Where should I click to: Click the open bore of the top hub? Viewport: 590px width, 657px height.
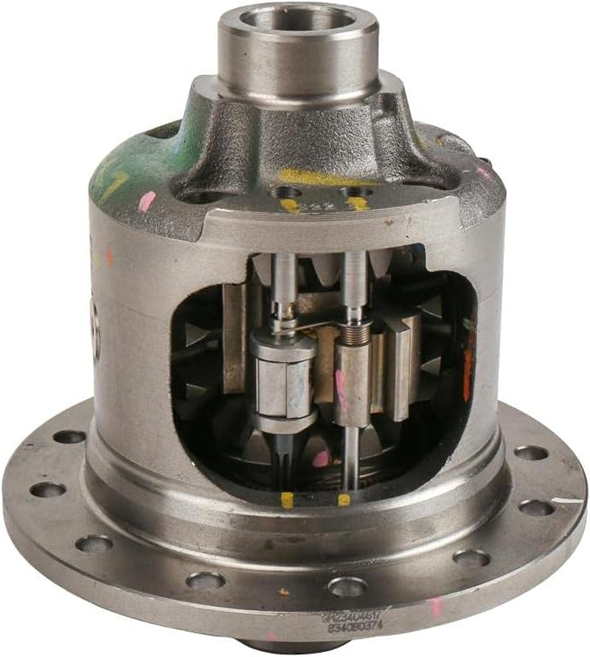pyautogui.click(x=297, y=18)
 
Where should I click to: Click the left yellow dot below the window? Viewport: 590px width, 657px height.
pyautogui.click(x=287, y=500)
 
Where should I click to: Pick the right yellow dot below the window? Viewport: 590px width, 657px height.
pyautogui.click(x=344, y=500)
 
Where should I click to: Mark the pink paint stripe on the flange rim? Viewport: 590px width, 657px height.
pyautogui.click(x=436, y=607)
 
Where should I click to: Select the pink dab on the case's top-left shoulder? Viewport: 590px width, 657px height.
pyautogui.click(x=147, y=201)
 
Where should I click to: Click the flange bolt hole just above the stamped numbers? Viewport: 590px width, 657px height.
pyautogui.click(x=347, y=586)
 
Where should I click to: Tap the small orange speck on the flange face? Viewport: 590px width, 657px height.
pyautogui.click(x=284, y=591)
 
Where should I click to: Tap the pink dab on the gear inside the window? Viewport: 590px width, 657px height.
pyautogui.click(x=321, y=459)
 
